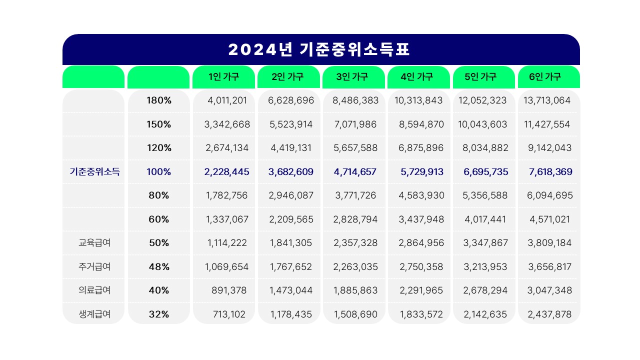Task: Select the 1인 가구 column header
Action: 223,77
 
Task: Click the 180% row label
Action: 159,100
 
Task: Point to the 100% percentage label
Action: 159,172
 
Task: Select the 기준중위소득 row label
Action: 94,172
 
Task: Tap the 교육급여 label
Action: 94,243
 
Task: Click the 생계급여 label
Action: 94,314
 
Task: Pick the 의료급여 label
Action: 94,290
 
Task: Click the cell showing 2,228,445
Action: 226,172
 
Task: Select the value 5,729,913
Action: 421,172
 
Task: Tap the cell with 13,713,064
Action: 546,100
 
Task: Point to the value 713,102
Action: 230,314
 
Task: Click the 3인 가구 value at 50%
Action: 355,243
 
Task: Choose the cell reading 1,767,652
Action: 291,267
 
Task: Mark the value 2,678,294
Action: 485,290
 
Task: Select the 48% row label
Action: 159,267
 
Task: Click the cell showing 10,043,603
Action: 482,124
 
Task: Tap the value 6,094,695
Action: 549,195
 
